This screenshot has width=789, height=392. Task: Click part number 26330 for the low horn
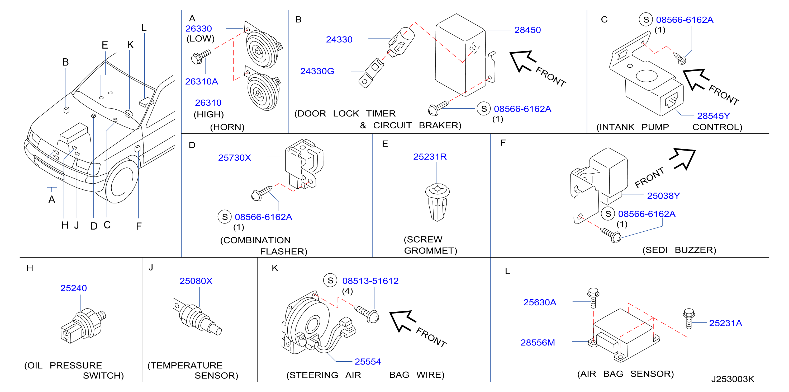coord(198,29)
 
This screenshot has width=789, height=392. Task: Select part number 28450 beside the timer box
coord(527,30)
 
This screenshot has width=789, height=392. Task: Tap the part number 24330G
coord(317,71)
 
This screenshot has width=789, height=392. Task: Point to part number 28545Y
coord(713,116)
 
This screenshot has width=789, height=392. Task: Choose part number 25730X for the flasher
coord(234,157)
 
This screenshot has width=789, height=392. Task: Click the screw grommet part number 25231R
coord(430,157)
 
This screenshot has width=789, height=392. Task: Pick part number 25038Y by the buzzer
coord(663,195)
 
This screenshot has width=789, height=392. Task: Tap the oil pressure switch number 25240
coord(74,288)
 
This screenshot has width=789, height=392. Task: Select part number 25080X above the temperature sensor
coord(196,281)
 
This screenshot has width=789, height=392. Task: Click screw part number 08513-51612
coord(370,281)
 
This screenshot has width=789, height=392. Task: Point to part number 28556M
coord(538,342)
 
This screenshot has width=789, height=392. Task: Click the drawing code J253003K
coord(733,379)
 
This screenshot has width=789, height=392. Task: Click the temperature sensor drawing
coord(197,317)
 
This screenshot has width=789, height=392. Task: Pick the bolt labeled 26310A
coord(201,57)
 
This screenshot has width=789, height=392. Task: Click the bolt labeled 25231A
coord(688,319)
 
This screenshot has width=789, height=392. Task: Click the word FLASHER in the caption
coord(284,251)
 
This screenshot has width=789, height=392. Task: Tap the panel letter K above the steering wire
coord(275,268)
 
